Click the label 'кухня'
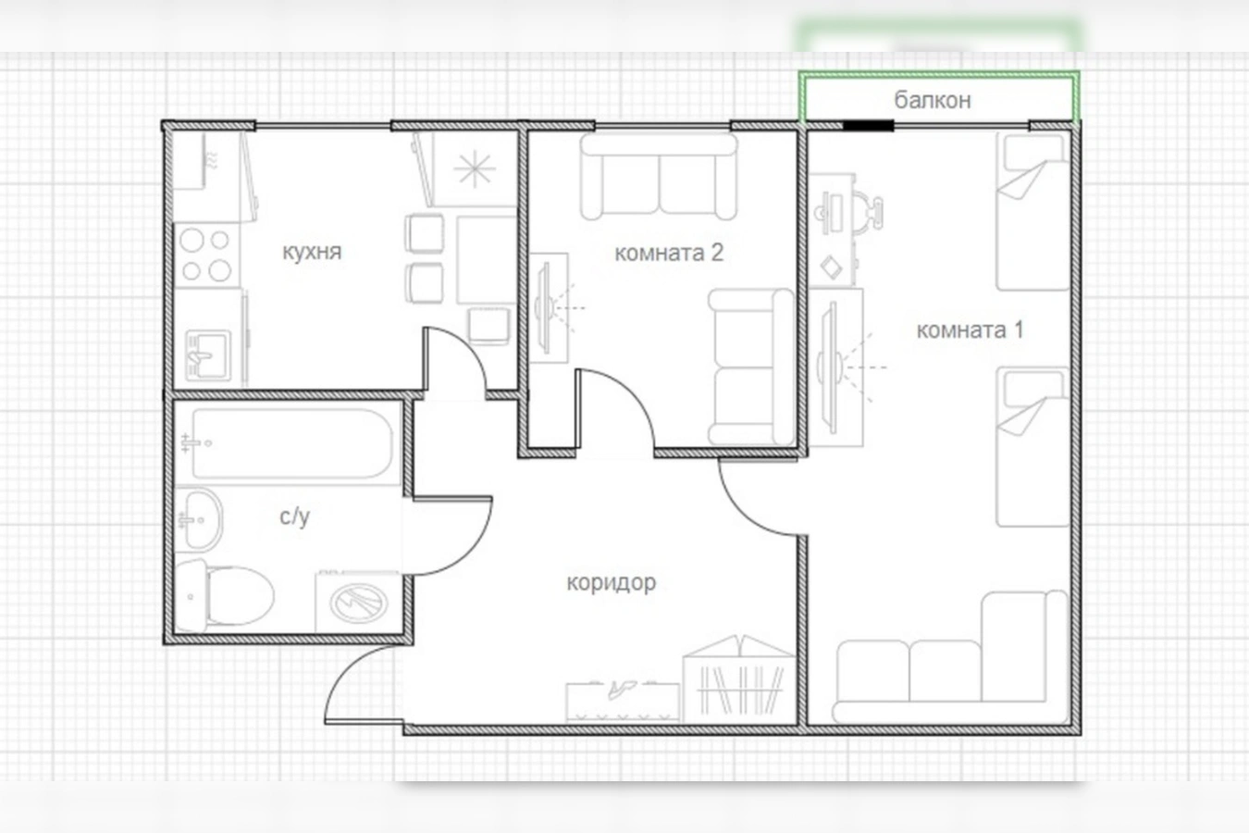click(x=312, y=252)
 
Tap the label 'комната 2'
click(x=669, y=253)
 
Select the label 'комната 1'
click(x=971, y=329)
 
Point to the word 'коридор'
click(x=612, y=583)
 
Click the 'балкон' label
click(x=933, y=100)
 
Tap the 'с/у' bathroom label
click(x=294, y=516)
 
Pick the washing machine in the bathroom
click(x=359, y=602)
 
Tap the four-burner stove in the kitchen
click(x=206, y=255)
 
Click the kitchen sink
click(x=208, y=354)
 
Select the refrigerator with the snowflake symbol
click(x=474, y=169)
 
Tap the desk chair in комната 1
click(x=867, y=213)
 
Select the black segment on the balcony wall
click(x=868, y=126)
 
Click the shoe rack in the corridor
click(x=623, y=702)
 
